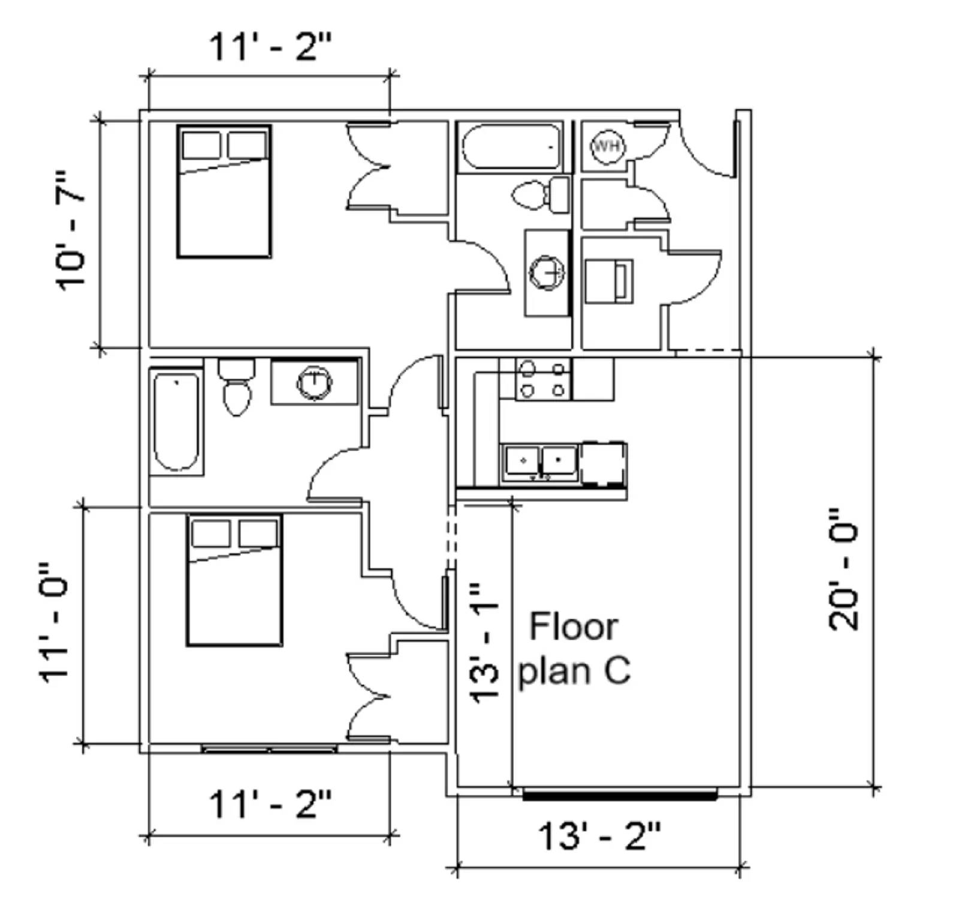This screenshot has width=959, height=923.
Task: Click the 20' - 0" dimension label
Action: point(843,569)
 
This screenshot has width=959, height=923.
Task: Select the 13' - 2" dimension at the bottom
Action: point(599,835)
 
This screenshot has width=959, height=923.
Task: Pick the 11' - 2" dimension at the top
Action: point(270,47)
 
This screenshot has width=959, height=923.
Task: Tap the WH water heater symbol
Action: point(607,146)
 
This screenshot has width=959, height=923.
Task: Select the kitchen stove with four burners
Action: point(543,379)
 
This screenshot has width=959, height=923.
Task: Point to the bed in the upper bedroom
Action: point(224,192)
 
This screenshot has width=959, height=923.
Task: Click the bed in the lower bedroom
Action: point(234,580)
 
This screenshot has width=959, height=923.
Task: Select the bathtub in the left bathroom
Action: point(176,421)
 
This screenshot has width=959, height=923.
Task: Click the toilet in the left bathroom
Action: point(236,388)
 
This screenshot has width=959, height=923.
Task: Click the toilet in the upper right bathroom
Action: point(541,193)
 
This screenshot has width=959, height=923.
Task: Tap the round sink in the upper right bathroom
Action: point(547,273)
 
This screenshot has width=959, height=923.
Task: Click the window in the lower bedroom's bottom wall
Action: point(269,749)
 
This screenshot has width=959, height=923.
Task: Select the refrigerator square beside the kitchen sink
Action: point(603,463)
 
